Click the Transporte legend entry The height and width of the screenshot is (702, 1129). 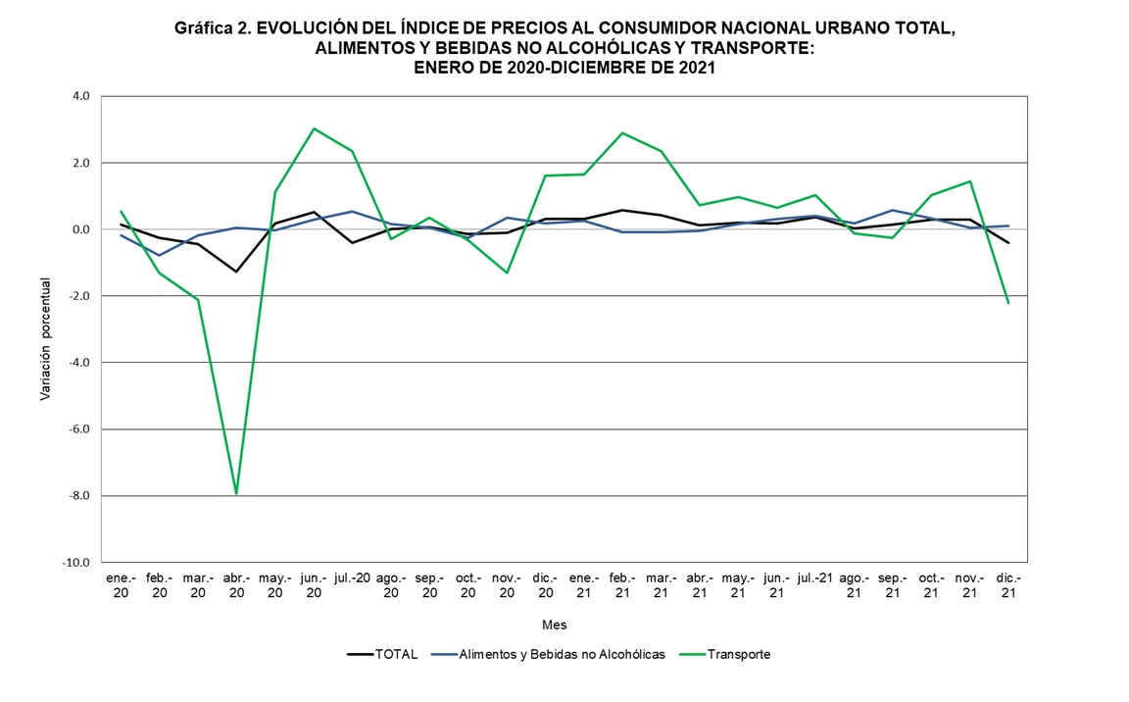click(738, 655)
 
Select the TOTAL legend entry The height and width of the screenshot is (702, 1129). click(395, 655)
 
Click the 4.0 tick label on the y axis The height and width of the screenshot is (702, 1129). click(79, 96)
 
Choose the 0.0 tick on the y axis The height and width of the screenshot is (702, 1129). click(79, 229)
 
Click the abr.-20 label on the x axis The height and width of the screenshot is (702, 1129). click(236, 585)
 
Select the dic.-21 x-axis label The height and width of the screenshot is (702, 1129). click(1008, 585)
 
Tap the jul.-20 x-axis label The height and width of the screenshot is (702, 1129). click(352, 578)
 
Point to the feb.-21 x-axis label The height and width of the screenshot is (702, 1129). click(621, 585)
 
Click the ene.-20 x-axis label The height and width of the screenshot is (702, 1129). click(121, 585)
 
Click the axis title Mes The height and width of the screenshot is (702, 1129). click(554, 625)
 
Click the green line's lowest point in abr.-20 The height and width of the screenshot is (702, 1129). click(236, 493)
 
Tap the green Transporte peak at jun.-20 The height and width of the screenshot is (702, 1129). click(314, 128)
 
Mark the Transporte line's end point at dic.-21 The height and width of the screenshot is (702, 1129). click(1008, 303)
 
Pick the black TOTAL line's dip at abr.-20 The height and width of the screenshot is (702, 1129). click(236, 272)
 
